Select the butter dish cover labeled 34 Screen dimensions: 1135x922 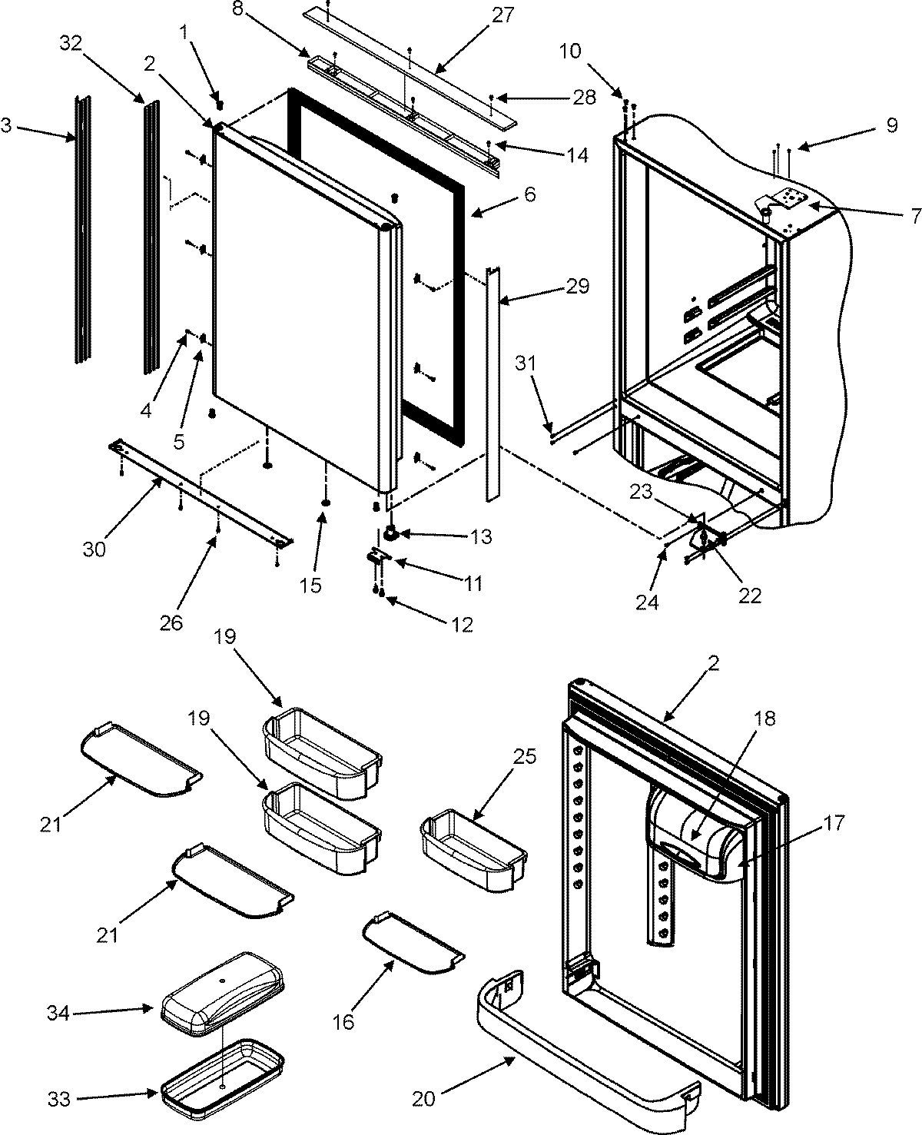[223, 987]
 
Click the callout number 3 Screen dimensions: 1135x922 [7, 125]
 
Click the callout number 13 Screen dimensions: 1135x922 [481, 536]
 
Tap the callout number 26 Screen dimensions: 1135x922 [171, 622]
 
